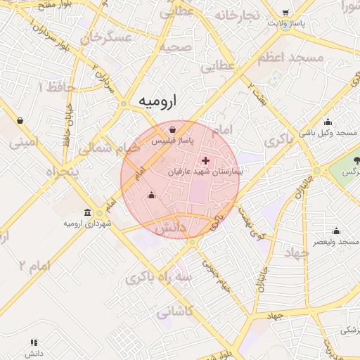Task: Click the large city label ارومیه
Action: click(157, 101)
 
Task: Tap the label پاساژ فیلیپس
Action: click(174, 141)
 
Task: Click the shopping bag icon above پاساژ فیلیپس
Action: click(173, 129)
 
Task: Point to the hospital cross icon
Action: click(205, 161)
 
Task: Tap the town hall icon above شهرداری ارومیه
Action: click(87, 212)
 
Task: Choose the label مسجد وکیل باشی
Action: click(329, 132)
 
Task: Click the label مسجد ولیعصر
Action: click(335, 241)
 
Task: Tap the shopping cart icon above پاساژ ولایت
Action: click(285, 13)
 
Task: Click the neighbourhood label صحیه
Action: click(175, 47)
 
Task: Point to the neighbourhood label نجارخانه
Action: click(238, 15)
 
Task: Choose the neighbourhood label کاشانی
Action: click(176, 311)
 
